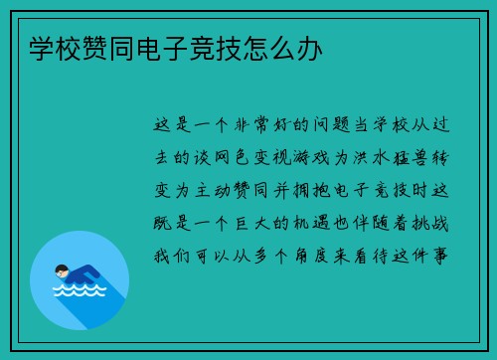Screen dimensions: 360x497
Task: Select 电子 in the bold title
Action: pos(162,48)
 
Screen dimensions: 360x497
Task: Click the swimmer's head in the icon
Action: pos(62,270)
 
